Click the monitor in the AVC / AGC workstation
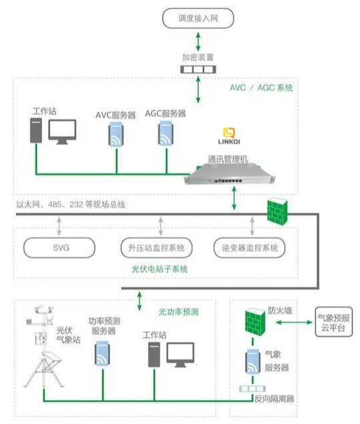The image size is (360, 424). point(63,130)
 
